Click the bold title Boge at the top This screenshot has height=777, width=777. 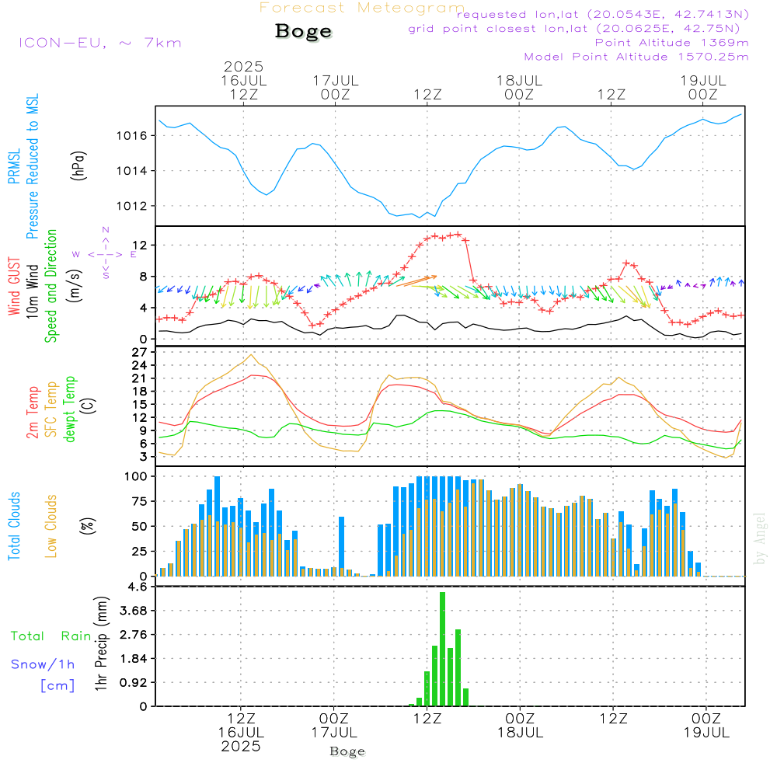pyautogui.click(x=303, y=32)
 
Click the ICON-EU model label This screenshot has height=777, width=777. pyautogui.click(x=100, y=43)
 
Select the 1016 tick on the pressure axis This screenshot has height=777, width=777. pyautogui.click(x=131, y=136)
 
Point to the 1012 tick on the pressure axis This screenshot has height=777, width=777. pyautogui.click(x=131, y=206)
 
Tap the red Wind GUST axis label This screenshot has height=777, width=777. pyautogui.click(x=14, y=287)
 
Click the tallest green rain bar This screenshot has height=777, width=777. pyautogui.click(x=443, y=649)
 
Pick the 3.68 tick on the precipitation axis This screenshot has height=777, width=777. pyautogui.click(x=134, y=611)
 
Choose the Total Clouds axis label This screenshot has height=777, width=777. pyautogui.click(x=14, y=526)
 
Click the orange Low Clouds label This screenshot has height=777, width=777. pyautogui.click(x=51, y=526)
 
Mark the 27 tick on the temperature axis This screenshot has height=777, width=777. pyautogui.click(x=140, y=352)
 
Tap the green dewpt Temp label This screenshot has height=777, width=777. pyautogui.click(x=69, y=409)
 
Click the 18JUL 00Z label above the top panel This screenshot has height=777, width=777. pyautogui.click(x=519, y=87)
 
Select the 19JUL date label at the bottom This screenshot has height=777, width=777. pyautogui.click(x=706, y=733)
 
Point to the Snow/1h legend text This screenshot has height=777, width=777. pyautogui.click(x=43, y=664)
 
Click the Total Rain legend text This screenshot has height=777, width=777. pyautogui.click(x=51, y=636)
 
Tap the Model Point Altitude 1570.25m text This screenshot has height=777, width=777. pyautogui.click(x=636, y=57)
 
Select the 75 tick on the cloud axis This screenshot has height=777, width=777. pyautogui.click(x=140, y=501)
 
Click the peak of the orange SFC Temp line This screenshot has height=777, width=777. pyautogui.click(x=252, y=354)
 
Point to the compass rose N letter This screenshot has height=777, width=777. pyautogui.click(x=106, y=230)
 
